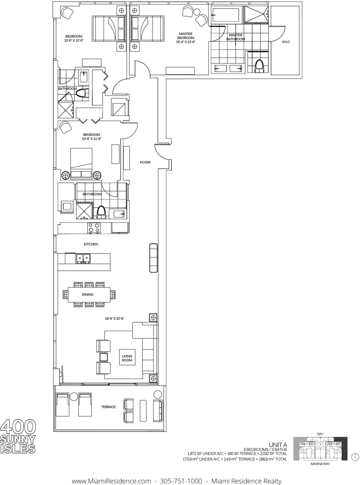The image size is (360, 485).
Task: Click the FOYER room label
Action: point(145,162)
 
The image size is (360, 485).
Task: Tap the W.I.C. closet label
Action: point(286,42)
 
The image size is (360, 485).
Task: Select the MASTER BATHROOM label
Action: point(235,37)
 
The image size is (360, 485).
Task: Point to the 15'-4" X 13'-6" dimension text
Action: point(186,42)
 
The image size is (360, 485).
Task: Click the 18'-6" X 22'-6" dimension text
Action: point(115,318)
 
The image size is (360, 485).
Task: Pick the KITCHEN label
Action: point(91,244)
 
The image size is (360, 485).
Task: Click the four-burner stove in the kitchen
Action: point(94,228)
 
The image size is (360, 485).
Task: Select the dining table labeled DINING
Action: point(89,294)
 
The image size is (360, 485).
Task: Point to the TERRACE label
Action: point(108,407)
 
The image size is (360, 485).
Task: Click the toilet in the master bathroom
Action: point(259,66)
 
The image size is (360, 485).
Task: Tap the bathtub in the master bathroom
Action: point(225,15)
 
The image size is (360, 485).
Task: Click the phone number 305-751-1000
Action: point(181,475)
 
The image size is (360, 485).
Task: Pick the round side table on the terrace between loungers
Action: point(74,396)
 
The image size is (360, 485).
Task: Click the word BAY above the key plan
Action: point(320,434)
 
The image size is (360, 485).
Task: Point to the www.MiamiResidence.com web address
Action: point(111,475)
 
